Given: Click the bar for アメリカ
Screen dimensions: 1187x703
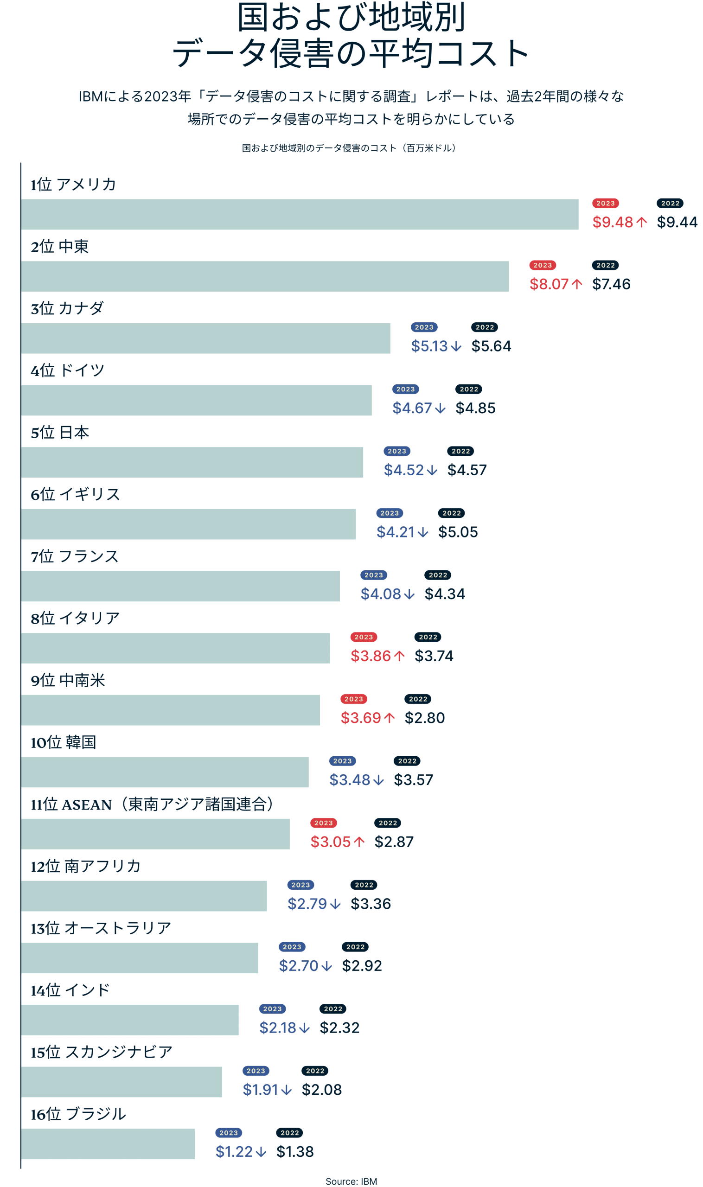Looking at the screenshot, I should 300,215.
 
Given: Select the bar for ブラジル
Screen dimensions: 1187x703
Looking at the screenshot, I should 108,1144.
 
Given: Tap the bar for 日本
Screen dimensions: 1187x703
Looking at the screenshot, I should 192,462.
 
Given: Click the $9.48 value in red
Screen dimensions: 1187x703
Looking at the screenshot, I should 613,222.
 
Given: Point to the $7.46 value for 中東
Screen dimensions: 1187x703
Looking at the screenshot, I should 611,284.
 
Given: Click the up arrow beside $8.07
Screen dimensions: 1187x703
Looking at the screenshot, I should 577,284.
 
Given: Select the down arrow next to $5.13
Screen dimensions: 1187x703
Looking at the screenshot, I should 456,346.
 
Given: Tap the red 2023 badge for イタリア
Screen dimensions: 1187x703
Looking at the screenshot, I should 364,637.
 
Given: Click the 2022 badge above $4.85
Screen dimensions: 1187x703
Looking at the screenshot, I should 469,389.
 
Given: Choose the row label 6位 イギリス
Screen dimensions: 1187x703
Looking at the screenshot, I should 75,494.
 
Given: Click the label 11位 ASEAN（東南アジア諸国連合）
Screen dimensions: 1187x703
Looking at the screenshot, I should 152,804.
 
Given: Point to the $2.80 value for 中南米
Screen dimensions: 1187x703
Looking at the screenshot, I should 424,718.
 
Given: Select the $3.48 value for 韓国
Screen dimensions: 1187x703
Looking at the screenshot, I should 350,779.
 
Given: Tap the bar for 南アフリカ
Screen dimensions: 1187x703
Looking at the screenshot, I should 144,896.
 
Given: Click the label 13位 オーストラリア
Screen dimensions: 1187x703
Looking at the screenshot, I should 101,928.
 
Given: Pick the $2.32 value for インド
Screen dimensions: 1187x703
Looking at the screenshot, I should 339,1028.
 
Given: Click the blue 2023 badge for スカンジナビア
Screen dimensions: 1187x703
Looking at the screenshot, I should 256,1071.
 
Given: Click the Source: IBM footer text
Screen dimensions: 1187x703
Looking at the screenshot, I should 351,1181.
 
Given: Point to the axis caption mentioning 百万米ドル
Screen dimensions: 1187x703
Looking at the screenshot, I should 349,148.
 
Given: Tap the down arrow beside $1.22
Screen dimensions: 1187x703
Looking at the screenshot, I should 261,1152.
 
